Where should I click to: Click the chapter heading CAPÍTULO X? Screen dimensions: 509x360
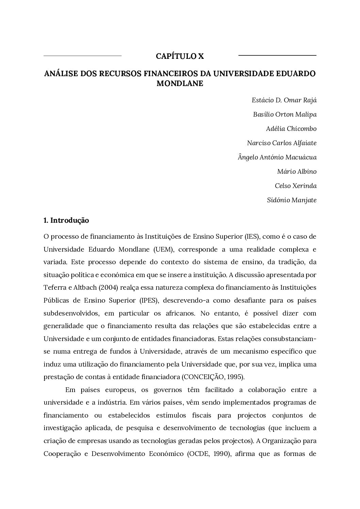point(180,56)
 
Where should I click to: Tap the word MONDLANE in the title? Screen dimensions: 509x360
point(180,84)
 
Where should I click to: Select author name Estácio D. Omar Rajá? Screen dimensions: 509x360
point(284,100)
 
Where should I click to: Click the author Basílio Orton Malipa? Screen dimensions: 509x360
point(285,115)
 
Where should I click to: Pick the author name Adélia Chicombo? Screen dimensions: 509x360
point(291,129)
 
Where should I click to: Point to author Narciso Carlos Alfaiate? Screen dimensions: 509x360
point(282,143)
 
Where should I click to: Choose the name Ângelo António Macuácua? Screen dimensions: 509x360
point(277,157)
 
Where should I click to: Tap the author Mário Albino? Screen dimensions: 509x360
point(297,172)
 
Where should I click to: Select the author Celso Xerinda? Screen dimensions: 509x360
point(296,186)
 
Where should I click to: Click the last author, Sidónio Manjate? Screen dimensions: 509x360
point(292,200)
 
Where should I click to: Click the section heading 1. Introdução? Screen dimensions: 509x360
point(66,220)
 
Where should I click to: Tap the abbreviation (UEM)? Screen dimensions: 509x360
point(164,249)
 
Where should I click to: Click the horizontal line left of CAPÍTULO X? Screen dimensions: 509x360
point(83,55)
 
